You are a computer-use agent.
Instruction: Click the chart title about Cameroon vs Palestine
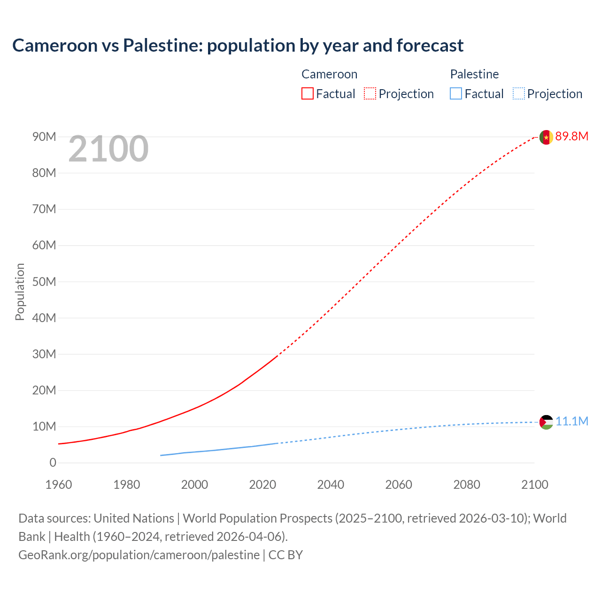[238, 46]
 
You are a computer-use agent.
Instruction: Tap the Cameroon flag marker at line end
[546, 137]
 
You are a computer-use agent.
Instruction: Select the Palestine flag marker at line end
[546, 422]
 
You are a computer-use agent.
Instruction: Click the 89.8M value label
[571, 137]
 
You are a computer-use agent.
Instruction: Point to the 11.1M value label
[571, 421]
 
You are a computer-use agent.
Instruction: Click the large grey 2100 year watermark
[108, 149]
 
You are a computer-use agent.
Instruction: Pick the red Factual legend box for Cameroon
[307, 93]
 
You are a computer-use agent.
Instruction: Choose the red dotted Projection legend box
[370, 93]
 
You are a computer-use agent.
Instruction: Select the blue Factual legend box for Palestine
[455, 93]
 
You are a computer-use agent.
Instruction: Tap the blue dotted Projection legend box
[518, 93]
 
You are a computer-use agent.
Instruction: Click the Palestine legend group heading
[474, 74]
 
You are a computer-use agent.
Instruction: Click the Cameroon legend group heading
[329, 74]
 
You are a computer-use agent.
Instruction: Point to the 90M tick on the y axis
[44, 137]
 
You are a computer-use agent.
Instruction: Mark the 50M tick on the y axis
[44, 282]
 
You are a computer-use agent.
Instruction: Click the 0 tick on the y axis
[53, 463]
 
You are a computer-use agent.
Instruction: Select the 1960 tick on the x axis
[59, 485]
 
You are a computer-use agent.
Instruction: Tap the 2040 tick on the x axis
[331, 485]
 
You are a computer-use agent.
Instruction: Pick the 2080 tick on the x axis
[467, 485]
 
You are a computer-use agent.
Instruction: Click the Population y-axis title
[20, 292]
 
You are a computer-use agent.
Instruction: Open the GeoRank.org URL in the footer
[139, 555]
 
